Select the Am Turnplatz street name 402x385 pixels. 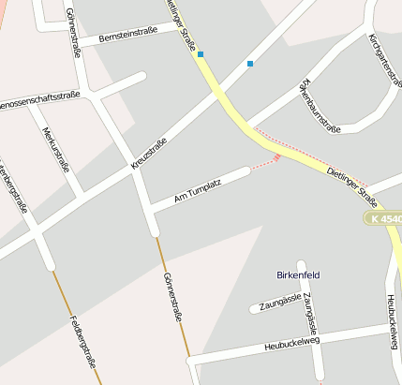click(197, 192)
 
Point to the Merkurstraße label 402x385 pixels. click(55, 145)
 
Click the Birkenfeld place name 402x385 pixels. click(300, 275)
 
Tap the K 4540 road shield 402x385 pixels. click(384, 218)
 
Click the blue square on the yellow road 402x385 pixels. click(201, 54)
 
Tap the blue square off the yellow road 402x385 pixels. click(250, 64)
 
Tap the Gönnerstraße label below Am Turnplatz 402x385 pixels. click(171, 298)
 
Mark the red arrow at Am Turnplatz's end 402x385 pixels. click(276, 158)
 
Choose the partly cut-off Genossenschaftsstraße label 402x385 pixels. click(37, 97)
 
